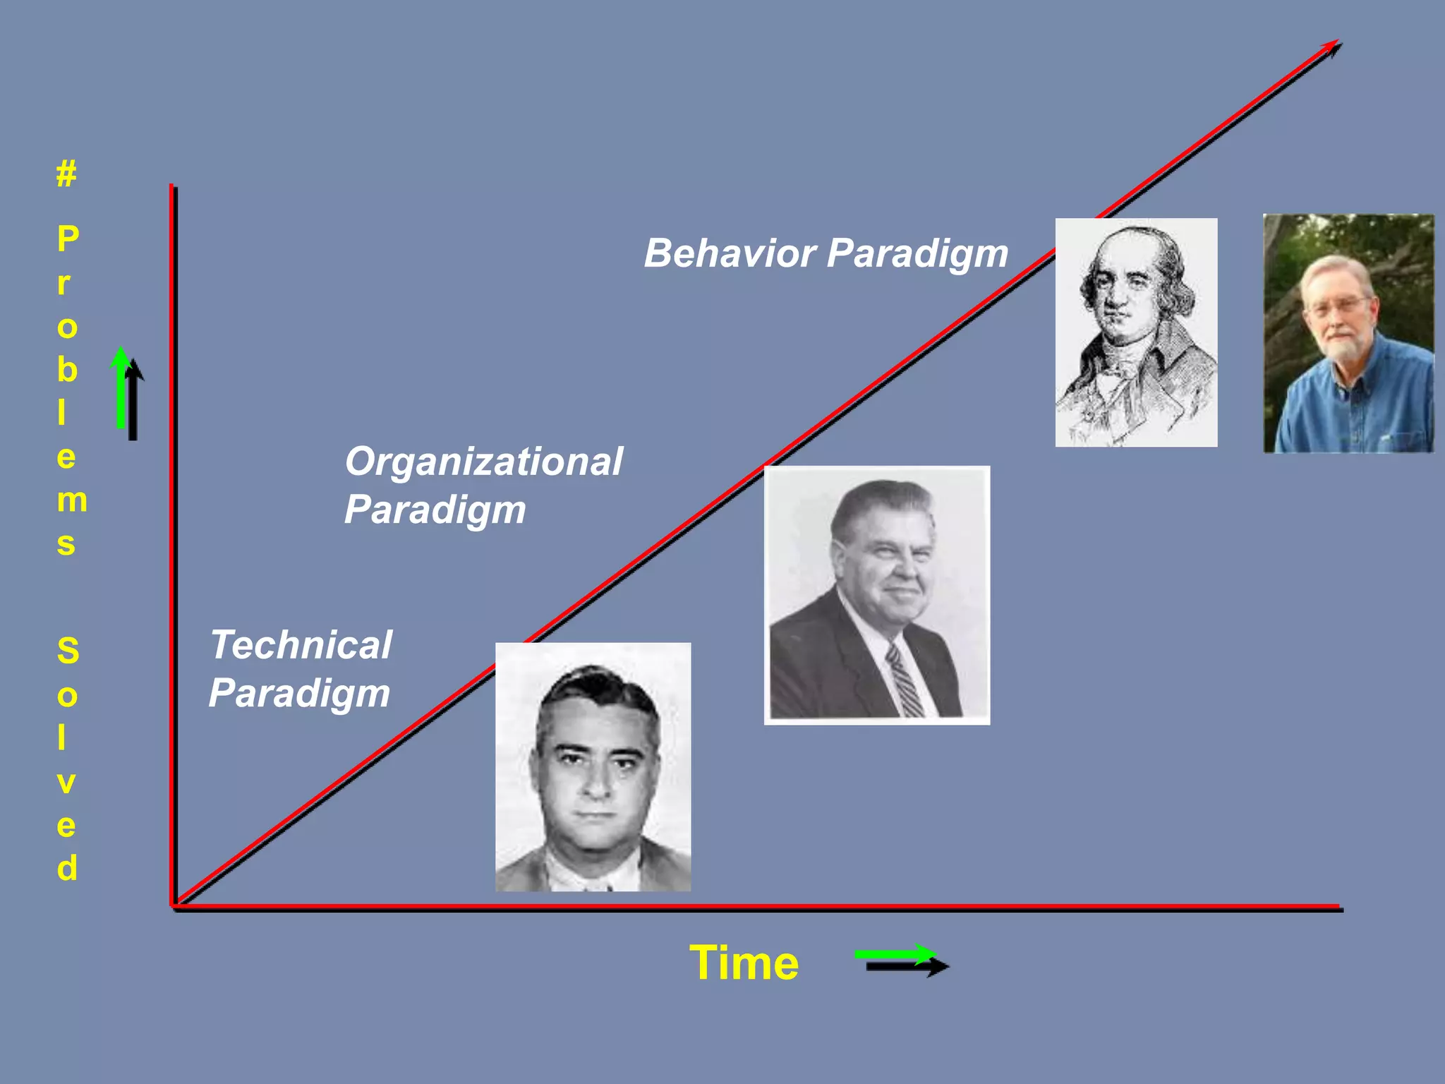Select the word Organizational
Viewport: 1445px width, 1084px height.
coord(483,462)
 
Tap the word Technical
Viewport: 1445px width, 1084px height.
coord(301,645)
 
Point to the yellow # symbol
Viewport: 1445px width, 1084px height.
coord(66,173)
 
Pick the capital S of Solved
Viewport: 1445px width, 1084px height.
coord(68,651)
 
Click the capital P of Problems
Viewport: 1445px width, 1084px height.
coord(68,239)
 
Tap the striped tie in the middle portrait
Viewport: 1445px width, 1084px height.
coord(904,681)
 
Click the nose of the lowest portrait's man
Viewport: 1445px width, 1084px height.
coord(596,780)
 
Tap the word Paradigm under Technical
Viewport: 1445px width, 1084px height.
coord(299,693)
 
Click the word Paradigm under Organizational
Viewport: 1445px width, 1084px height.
coord(435,510)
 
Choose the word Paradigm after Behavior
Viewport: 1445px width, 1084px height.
coord(917,254)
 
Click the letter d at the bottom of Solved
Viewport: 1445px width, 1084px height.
coord(67,868)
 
